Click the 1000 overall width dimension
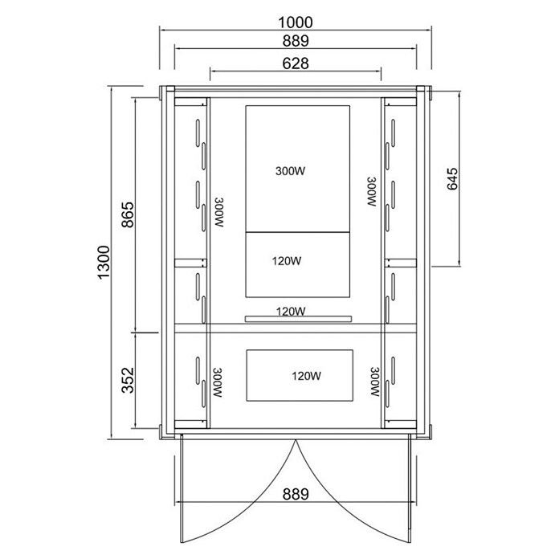(296, 22)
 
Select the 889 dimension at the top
(296, 41)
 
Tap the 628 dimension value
(296, 63)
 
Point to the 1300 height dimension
(104, 263)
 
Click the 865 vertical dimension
(128, 214)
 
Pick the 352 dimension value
(128, 380)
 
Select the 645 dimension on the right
(452, 178)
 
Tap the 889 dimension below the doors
(296, 495)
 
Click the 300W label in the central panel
(290, 171)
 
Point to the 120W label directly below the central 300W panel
(287, 261)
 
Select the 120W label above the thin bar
(291, 312)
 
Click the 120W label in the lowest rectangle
(307, 376)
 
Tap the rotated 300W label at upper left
(219, 213)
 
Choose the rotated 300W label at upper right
(372, 191)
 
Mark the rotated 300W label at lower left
(218, 383)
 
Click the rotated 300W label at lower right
(375, 382)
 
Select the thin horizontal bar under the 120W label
(299, 318)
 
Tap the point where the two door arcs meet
(296, 441)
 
